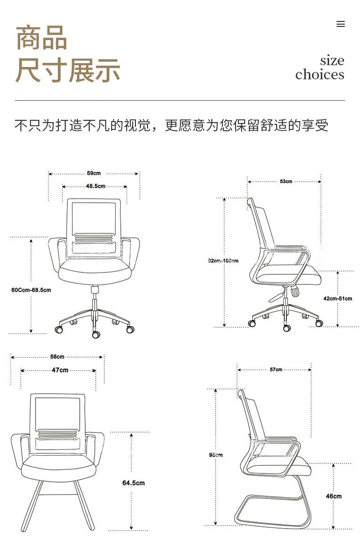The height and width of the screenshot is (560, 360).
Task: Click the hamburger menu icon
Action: [x=340, y=24]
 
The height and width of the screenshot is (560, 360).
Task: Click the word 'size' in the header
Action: [x=332, y=60]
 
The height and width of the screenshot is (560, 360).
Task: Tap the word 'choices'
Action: [x=319, y=74]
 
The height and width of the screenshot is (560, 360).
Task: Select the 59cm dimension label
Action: [x=93, y=173]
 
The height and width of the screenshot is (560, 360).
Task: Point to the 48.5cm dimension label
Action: [x=95, y=186]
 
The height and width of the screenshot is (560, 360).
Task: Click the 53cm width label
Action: [x=286, y=181]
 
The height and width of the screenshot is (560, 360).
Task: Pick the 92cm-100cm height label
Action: [x=223, y=261]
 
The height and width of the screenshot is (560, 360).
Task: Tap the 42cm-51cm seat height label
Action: [x=338, y=298]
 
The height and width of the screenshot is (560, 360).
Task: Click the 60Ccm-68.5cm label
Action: [x=31, y=290]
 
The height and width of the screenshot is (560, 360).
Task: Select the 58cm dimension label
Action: [x=57, y=357]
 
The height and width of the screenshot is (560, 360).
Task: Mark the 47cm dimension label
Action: [x=60, y=370]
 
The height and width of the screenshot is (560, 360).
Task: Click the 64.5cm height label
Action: [x=133, y=483]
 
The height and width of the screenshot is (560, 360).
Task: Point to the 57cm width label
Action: [x=276, y=370]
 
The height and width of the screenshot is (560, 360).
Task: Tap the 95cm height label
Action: [x=216, y=455]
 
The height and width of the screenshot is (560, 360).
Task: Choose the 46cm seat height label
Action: [x=334, y=496]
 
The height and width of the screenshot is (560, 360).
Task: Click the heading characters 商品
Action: [x=41, y=38]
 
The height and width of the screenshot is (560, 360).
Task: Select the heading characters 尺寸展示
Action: [x=67, y=71]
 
